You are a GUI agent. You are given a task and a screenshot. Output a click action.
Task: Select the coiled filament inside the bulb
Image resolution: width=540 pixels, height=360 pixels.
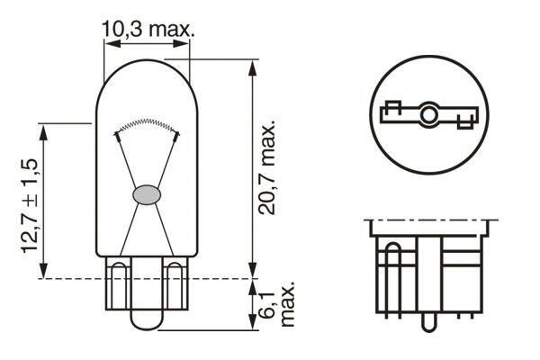[x=146, y=124]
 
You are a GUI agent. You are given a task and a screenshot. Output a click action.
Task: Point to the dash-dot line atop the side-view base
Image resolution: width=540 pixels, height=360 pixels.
[x=429, y=219]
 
